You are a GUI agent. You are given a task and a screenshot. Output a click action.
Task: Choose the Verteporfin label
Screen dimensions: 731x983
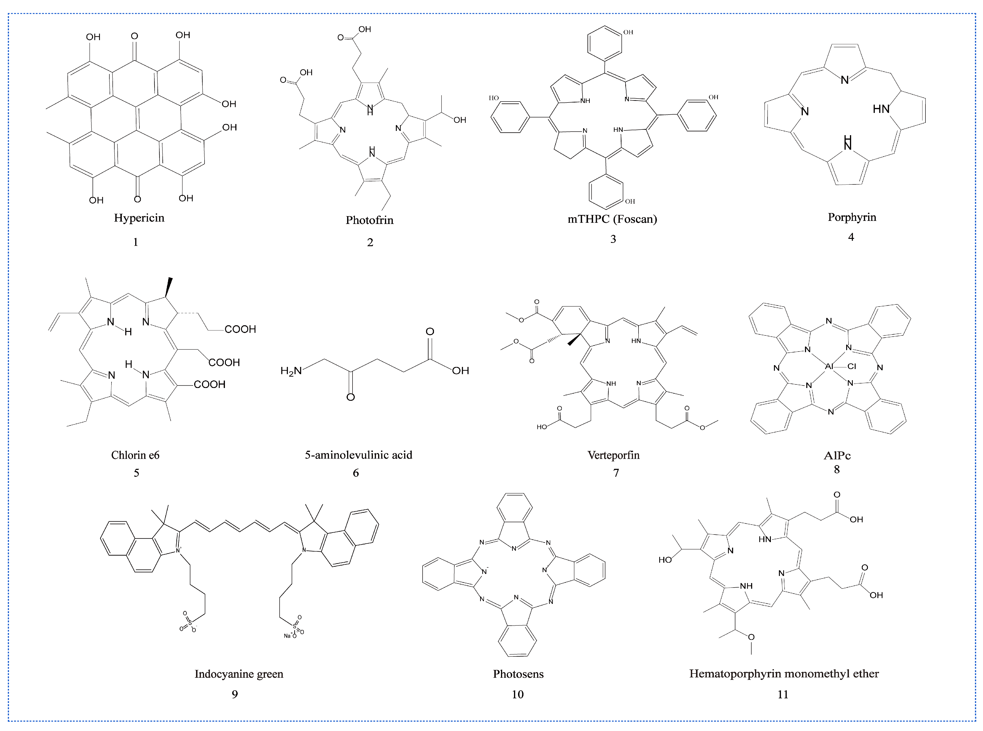613,455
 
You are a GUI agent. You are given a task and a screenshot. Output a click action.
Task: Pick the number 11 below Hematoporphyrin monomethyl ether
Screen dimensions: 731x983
782,694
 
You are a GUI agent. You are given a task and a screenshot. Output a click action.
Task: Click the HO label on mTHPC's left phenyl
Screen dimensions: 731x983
494,98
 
